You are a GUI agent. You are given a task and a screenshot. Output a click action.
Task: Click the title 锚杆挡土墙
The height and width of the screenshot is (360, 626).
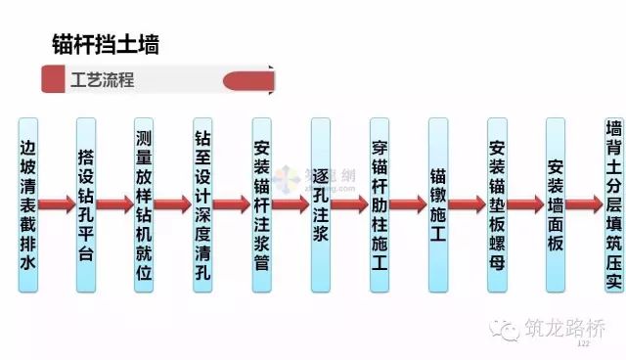pyautogui.click(x=105, y=45)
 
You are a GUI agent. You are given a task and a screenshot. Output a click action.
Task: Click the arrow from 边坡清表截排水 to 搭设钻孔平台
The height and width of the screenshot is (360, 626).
pyautogui.click(x=57, y=204)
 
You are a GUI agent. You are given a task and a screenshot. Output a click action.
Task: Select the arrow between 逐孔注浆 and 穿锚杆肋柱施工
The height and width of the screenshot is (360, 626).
pyautogui.click(x=350, y=204)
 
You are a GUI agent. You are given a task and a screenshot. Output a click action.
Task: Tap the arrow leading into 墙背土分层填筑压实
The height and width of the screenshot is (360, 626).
pyautogui.click(x=584, y=204)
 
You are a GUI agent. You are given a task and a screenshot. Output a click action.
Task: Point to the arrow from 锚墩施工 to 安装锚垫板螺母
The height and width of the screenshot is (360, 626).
pyautogui.click(x=468, y=204)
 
